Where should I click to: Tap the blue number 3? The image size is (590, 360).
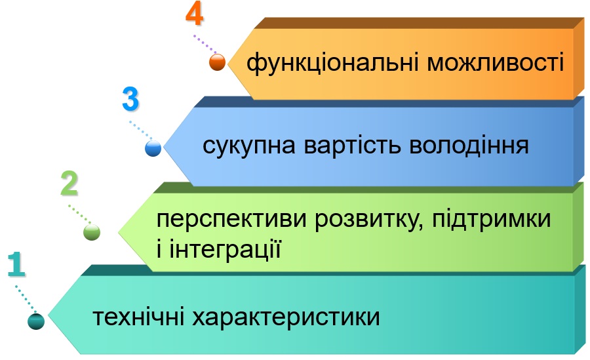130,99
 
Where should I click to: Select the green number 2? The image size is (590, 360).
69,184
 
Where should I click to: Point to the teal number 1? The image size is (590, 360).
16,265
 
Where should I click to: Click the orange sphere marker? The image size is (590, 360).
218,62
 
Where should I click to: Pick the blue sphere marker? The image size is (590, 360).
153,148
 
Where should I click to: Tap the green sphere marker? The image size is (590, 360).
92,232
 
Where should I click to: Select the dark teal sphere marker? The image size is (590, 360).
36,321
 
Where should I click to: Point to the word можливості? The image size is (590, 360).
496,62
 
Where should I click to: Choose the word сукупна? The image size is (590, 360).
249,146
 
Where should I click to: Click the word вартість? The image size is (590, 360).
352,145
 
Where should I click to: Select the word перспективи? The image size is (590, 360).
231,220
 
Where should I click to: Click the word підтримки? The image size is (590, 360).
492,219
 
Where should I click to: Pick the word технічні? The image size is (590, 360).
138,317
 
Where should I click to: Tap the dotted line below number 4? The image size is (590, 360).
205,45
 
